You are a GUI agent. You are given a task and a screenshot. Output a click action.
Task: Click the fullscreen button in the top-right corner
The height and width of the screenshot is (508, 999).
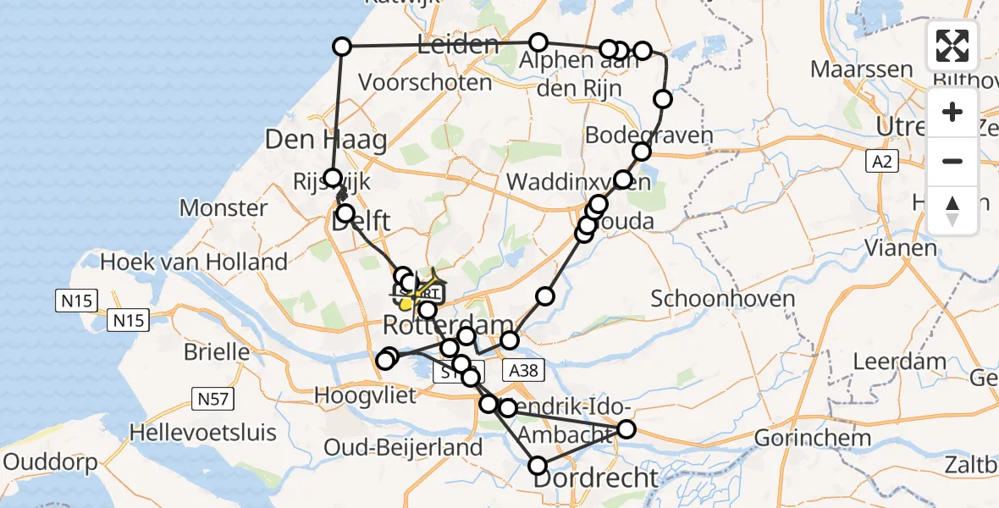coord(952,46)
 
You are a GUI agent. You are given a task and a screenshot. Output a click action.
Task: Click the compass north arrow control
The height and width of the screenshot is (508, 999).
coord(952,210)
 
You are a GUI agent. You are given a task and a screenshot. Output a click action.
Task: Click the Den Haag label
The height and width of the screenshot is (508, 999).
coord(326,140)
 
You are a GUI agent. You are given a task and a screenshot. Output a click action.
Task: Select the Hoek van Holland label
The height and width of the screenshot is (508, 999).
coord(194,262)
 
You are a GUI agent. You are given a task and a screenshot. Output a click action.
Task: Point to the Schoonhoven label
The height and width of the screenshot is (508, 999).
coord(723,298)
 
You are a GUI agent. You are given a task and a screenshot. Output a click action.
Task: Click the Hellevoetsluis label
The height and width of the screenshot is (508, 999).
coord(203,433)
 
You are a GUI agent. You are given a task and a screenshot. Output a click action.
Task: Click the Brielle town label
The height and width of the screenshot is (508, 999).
coord(216,351)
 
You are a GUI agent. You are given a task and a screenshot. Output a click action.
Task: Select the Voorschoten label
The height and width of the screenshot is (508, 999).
coord(425,83)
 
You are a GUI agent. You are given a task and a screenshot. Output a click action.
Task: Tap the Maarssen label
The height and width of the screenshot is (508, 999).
coord(862,69)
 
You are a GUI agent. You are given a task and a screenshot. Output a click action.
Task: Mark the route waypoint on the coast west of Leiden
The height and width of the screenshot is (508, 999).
coord(342,47)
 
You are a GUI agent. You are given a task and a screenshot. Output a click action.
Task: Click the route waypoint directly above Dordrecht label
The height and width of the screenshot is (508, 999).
coord(538,465)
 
